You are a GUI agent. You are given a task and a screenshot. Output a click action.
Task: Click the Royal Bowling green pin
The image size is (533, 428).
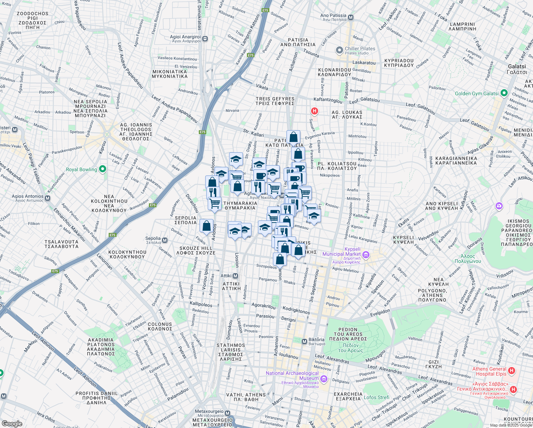point(103,169)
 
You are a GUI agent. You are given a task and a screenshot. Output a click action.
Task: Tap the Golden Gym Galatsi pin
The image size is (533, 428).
point(504,93)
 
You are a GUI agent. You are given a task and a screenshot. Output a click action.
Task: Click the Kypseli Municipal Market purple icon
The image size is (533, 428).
point(366,255)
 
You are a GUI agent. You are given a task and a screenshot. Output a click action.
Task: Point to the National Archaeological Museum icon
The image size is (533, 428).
point(324,379)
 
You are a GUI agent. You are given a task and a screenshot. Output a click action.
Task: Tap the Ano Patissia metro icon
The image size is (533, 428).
point(351,17)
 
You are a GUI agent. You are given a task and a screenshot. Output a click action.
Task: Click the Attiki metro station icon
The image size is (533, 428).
point(235,276)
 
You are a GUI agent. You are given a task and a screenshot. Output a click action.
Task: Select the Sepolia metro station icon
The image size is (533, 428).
point(165,240)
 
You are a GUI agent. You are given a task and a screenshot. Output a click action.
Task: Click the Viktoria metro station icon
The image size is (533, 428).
point(304,342)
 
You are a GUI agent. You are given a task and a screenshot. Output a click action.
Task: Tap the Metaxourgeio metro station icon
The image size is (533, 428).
point(228,413)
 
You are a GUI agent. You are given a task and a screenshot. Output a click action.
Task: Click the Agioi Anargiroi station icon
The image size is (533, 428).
point(205,39)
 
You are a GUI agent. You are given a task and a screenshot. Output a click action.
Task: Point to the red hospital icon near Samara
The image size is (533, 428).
point(314,111)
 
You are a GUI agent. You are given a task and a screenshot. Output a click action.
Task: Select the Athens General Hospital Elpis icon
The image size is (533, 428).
point(512,371)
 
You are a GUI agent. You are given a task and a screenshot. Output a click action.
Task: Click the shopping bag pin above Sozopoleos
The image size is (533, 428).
point(280,259)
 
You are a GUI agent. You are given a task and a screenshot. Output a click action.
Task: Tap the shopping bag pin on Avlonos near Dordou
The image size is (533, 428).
point(207,226)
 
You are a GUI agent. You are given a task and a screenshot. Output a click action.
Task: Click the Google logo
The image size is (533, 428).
point(12,424)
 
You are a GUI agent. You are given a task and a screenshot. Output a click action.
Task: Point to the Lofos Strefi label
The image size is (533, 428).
point(376,397)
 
